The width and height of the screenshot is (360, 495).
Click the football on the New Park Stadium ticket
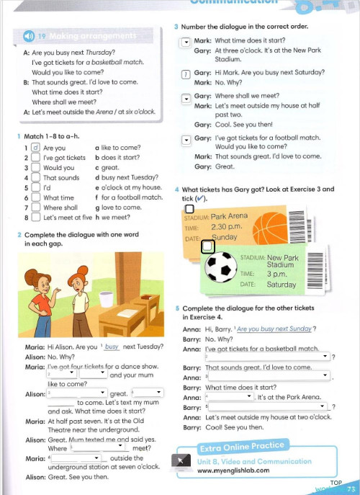pos(222,267)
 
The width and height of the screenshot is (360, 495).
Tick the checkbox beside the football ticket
pos(207,247)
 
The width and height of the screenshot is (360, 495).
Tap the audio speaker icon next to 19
pos(29,36)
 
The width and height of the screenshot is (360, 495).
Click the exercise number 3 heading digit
pos(176,27)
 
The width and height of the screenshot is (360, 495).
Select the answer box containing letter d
pos(35,148)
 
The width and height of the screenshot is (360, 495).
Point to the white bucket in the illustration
pos(107,296)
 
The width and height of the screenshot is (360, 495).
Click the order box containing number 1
pos(186,73)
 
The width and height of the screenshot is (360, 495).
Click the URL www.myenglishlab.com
pos(233,471)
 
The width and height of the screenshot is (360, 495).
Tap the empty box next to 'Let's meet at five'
pos(35,217)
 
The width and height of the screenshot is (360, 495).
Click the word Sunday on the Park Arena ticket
pos(224,237)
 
